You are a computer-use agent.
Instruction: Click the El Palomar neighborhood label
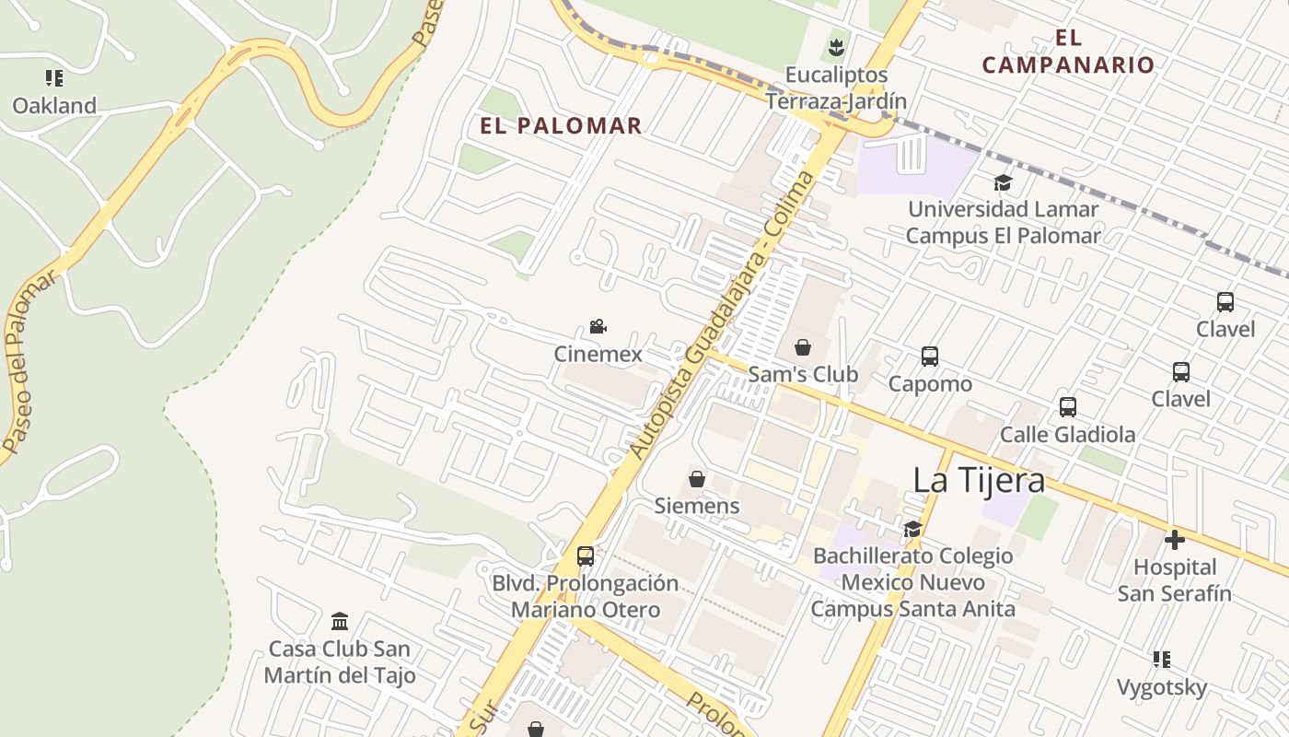click(561, 126)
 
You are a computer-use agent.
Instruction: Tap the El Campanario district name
click(1067, 52)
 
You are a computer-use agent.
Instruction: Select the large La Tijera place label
click(979, 480)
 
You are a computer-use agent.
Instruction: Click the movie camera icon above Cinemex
click(598, 327)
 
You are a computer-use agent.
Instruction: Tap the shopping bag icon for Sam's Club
click(803, 347)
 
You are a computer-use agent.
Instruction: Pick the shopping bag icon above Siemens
click(697, 479)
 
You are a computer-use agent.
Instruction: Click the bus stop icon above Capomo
click(930, 357)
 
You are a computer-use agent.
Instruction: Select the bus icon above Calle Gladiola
click(1068, 406)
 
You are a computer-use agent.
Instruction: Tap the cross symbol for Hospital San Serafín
click(1174, 540)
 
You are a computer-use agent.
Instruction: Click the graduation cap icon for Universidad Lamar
click(1003, 182)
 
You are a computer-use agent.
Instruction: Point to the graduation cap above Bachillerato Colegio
click(912, 529)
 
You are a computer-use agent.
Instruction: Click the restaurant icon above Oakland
click(54, 78)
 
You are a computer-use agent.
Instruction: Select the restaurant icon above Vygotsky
click(1162, 660)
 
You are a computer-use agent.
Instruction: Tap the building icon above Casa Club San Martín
click(340, 621)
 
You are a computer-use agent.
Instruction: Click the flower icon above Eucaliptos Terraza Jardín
click(836, 47)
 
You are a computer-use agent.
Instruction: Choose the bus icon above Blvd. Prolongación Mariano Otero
click(586, 556)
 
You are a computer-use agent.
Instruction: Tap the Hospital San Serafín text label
click(1174, 580)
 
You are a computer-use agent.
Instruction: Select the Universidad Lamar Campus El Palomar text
click(1003, 223)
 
